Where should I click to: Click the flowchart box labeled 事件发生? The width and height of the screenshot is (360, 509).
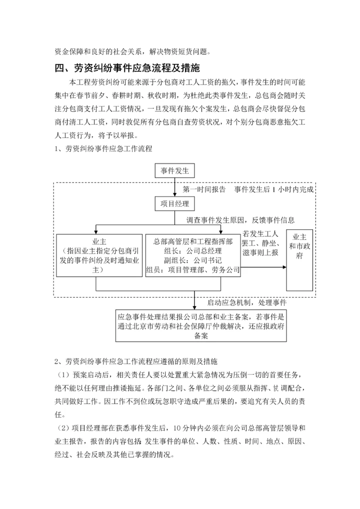[174, 171]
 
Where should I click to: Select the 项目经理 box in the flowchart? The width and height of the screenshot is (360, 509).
[174, 203]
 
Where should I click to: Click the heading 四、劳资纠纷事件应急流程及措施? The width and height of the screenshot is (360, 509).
[127, 68]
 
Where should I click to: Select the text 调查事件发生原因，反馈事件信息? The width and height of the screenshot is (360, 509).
[240, 220]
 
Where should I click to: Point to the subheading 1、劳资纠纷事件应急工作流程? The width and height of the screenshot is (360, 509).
[103, 148]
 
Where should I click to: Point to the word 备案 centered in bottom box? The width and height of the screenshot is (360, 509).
[200, 336]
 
